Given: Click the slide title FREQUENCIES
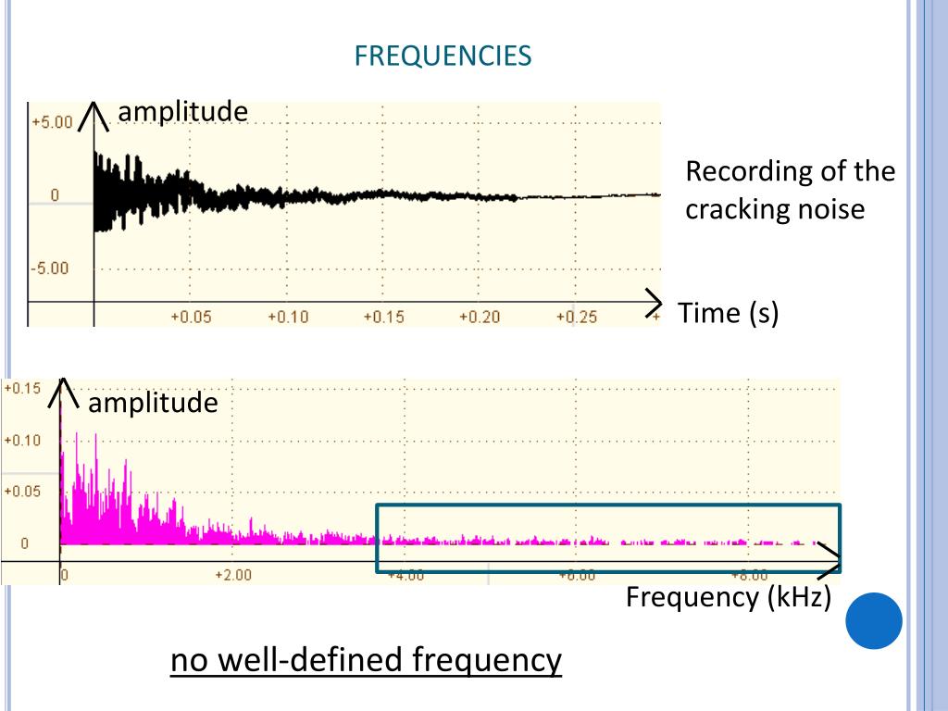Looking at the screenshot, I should [443, 56].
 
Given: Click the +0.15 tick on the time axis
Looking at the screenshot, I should [383, 318].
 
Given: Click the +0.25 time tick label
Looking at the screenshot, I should [576, 318].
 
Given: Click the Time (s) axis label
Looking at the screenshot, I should [729, 313].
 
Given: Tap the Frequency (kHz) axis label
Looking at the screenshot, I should [729, 597].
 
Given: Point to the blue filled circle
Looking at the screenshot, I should [874, 620].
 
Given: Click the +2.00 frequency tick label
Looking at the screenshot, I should [232, 575].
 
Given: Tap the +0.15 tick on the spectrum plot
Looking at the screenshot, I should [22, 389].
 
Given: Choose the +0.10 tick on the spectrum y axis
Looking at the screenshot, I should [22, 441].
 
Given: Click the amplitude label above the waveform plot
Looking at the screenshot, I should [182, 111].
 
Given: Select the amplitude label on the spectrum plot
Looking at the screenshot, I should [153, 403].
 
